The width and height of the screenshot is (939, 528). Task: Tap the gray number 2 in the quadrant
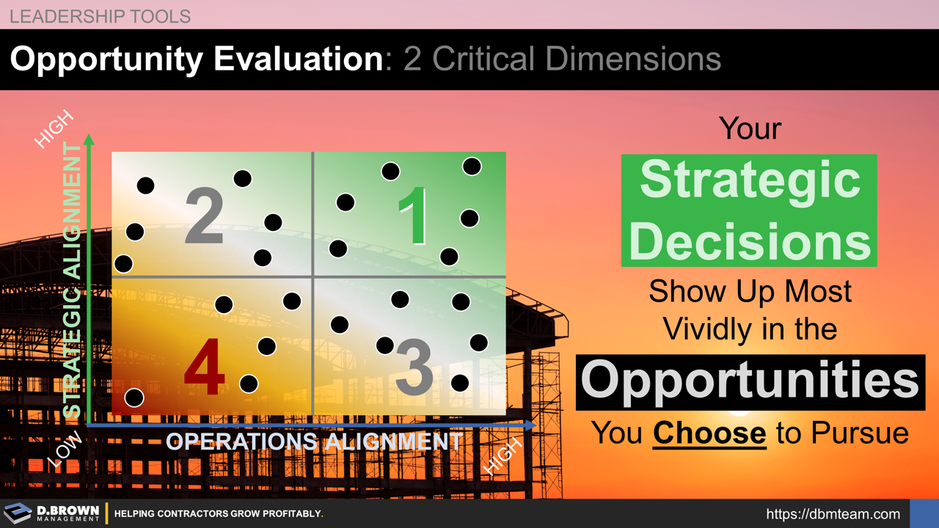coord(204,216)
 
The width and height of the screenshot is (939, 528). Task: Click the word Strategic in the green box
coord(749,180)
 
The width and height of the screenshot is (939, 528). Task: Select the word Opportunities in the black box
coord(750,381)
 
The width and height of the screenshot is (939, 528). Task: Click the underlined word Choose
coord(709,433)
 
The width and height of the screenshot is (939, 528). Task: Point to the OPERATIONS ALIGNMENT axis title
coord(314,441)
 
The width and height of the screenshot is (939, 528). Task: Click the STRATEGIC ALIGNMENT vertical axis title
coord(72,282)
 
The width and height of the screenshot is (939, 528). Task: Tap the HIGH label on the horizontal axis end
coord(504,456)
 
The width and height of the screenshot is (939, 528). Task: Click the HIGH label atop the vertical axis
coord(54,129)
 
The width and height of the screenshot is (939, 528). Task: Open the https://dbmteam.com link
coord(833,514)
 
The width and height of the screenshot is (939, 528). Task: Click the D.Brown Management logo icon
coord(18,513)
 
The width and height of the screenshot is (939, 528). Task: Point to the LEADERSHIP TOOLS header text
coord(100,16)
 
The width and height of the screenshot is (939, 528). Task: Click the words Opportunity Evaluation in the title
coord(196,59)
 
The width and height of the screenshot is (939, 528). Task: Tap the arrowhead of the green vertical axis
coord(89,139)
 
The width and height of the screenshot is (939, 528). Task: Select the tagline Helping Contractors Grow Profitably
coord(219,514)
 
